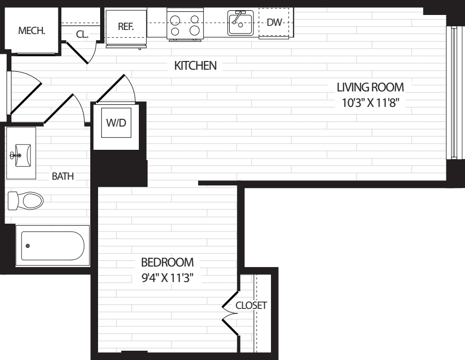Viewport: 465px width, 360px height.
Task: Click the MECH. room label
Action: pos(31,30)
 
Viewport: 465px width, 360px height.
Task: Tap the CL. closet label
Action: pos(82,34)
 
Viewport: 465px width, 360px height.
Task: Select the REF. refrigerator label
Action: pos(126,26)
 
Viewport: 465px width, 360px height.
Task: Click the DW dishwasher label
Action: pos(274,22)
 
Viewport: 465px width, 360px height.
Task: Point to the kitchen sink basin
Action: pos(240,23)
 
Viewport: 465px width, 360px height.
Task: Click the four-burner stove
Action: pos(185,24)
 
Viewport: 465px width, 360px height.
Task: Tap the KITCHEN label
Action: pos(196,66)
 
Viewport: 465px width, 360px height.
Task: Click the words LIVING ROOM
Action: pos(371,87)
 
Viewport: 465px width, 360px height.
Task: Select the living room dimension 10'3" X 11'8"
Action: pos(371,103)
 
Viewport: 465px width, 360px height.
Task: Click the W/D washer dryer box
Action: pos(116,122)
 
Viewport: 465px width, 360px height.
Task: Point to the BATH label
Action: pos(63,176)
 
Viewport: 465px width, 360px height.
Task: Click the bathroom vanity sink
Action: pos(21,153)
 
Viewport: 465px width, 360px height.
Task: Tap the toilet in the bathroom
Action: pos(25,200)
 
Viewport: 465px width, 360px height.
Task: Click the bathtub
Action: pos(53,246)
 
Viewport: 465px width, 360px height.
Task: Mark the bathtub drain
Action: pos(28,246)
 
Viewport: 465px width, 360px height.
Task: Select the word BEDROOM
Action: pos(168,262)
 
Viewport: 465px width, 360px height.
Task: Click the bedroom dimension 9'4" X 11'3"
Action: pos(168,278)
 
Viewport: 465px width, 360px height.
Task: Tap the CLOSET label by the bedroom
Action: pos(251,305)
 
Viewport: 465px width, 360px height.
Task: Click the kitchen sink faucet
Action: pos(238,17)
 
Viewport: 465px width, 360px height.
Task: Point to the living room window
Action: pos(454,92)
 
